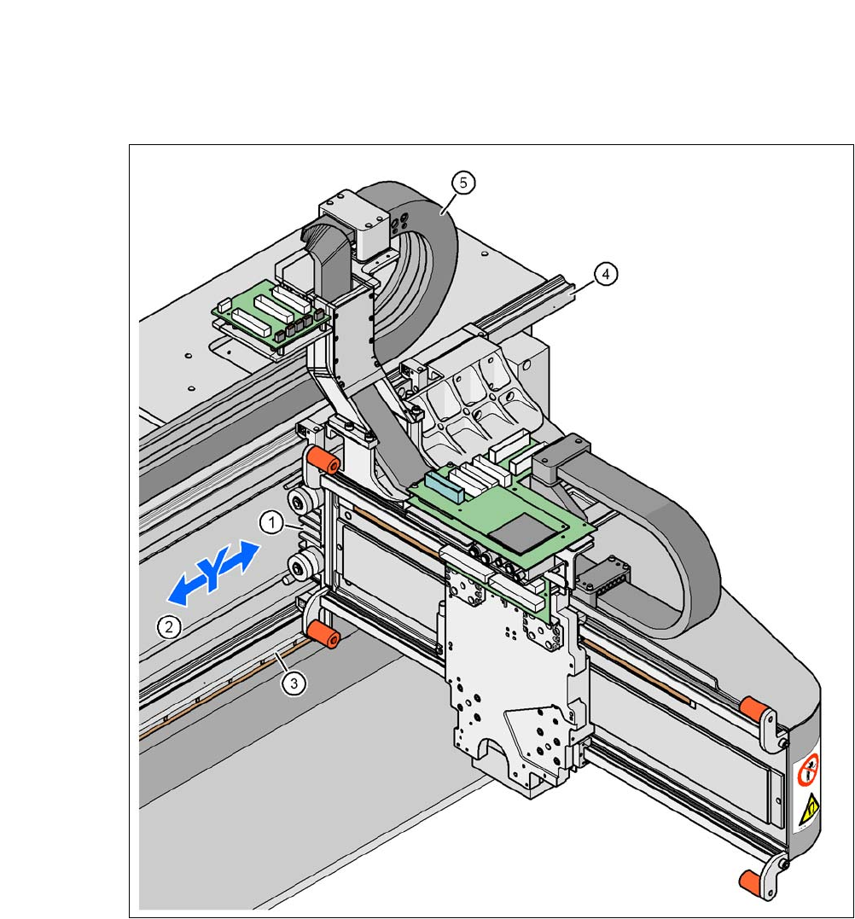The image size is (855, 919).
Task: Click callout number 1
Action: [271, 522]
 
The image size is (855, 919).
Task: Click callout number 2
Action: [169, 627]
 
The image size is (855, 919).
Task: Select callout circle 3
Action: [294, 683]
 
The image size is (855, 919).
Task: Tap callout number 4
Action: [605, 274]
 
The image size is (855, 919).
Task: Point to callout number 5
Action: [463, 183]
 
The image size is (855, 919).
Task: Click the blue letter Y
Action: [212, 573]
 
